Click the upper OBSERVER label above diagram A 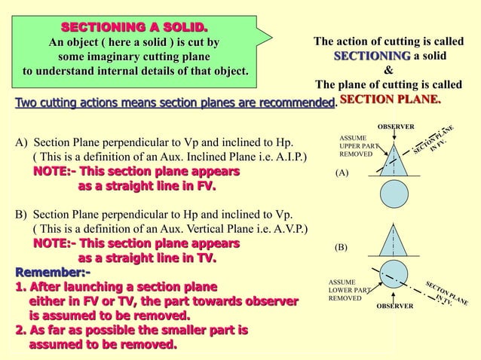[x=395, y=125]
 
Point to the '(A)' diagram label [x=342, y=172]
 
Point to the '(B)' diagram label [x=342, y=246]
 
